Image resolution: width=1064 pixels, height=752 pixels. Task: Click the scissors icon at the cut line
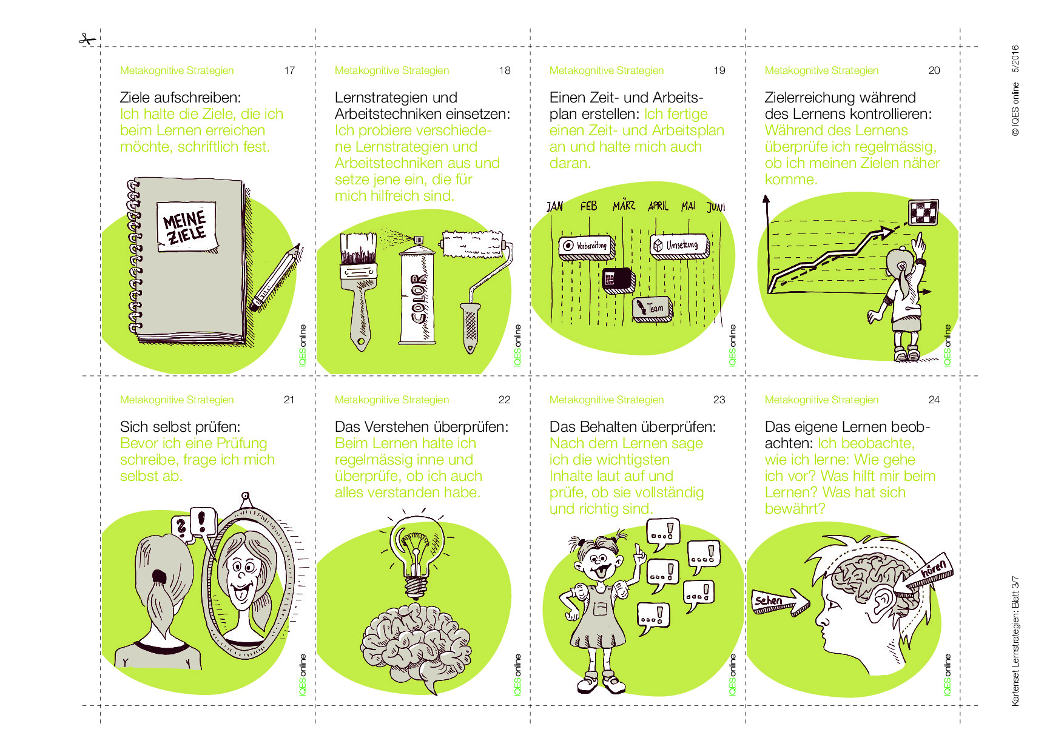pyautogui.click(x=87, y=39)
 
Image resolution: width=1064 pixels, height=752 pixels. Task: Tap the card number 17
pyautogui.click(x=289, y=70)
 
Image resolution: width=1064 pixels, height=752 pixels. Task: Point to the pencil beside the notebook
pyautogui.click(x=276, y=277)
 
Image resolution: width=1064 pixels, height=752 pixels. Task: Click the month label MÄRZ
pyautogui.click(x=624, y=205)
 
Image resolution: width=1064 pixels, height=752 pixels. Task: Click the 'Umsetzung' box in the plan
pyautogui.click(x=680, y=246)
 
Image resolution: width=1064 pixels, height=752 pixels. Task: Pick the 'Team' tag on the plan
pyautogui.click(x=652, y=309)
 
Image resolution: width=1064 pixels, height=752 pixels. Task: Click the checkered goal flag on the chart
pyautogui.click(x=923, y=212)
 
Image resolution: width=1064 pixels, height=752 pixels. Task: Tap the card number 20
pyautogui.click(x=934, y=70)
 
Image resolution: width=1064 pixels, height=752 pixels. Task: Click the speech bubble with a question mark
pyautogui.click(x=181, y=526)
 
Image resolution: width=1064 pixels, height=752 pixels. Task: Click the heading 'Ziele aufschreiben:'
pyautogui.click(x=180, y=98)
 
